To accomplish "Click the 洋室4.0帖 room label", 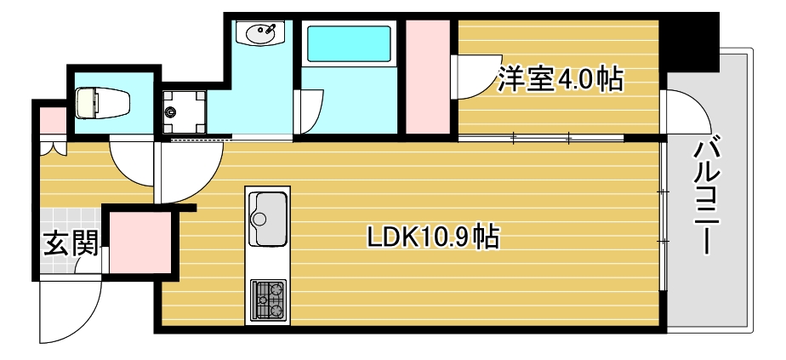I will coord(561,80).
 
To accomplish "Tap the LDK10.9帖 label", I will coord(432,237).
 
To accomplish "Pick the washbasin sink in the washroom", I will coord(261,34).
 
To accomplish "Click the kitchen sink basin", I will coord(268,218).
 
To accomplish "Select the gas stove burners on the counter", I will coord(268,299).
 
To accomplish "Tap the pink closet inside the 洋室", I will coord(427,77).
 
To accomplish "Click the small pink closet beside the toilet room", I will coord(52,118).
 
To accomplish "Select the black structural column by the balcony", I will coord(691,43).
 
